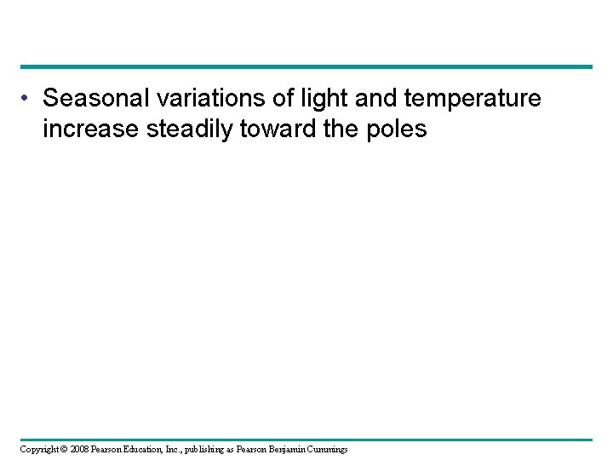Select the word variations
190,100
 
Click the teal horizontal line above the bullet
306,66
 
